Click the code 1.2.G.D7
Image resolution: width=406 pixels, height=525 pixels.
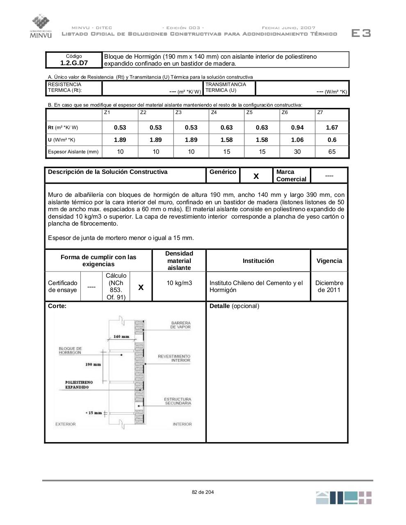click(x=74, y=63)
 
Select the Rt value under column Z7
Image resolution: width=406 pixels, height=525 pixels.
click(x=332, y=128)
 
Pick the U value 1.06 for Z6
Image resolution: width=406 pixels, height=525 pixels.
click(x=297, y=140)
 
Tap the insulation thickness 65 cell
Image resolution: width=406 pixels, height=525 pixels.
click(x=332, y=152)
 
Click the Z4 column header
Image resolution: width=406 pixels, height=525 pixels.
click(x=214, y=112)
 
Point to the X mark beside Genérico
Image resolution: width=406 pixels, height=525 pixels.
click(x=256, y=176)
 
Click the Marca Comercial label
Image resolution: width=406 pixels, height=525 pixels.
click(x=291, y=176)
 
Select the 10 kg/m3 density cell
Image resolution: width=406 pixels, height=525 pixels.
click(x=179, y=283)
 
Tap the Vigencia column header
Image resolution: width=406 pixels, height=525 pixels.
click(x=329, y=261)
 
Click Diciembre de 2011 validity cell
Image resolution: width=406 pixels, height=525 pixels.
click(x=329, y=286)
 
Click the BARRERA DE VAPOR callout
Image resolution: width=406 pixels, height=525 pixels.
click(x=180, y=325)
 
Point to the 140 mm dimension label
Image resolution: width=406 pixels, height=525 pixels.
click(x=121, y=337)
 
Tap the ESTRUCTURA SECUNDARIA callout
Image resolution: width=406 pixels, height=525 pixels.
click(x=178, y=401)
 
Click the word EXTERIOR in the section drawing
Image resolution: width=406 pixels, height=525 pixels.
click(x=66, y=424)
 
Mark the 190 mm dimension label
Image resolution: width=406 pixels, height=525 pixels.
click(x=93, y=364)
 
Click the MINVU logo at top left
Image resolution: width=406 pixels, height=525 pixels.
click(x=41, y=26)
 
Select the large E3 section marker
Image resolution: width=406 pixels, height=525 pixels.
click(x=361, y=33)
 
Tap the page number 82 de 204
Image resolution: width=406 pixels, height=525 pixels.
click(x=203, y=492)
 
